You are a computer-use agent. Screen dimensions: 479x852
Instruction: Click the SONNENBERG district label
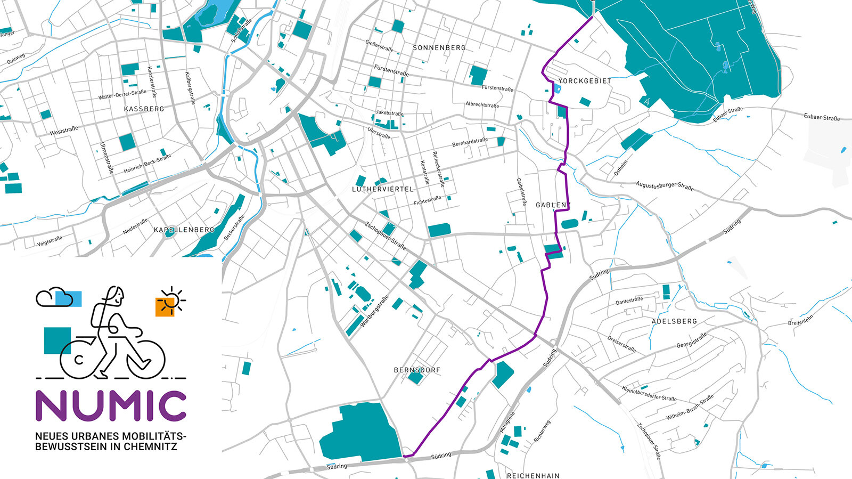439,47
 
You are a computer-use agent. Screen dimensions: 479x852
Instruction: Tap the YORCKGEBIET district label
585,81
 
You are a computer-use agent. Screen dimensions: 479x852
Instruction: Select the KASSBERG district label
144,109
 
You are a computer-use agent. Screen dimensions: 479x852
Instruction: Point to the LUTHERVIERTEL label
382,189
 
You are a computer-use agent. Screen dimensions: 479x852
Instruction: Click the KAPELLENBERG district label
184,230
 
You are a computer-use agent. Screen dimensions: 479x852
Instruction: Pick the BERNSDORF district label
417,370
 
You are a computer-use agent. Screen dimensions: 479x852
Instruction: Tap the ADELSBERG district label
674,321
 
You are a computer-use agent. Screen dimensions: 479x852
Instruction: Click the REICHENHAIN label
533,475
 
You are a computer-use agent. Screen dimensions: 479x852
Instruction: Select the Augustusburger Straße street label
665,186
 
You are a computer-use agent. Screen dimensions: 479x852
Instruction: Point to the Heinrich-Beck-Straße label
148,164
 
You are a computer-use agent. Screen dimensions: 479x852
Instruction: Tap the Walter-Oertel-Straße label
122,95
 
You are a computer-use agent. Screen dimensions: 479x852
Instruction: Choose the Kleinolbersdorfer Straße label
649,393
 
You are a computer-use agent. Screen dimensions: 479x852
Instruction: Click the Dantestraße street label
629,301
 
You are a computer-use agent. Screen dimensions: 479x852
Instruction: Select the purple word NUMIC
111,406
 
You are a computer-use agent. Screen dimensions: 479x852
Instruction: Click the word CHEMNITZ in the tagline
150,446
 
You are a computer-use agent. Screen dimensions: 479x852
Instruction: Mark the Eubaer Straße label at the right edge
821,117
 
